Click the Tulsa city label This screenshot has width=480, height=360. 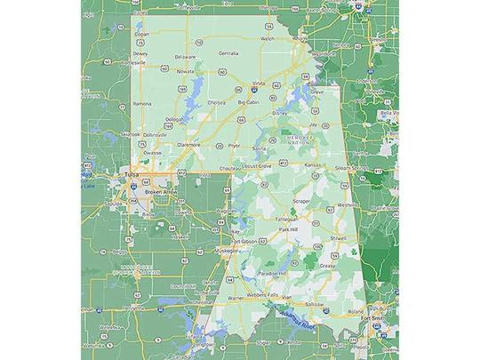(133, 174)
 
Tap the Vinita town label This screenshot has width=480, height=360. (259, 83)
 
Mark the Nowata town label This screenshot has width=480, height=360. (185, 70)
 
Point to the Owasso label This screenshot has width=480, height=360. (153, 152)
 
